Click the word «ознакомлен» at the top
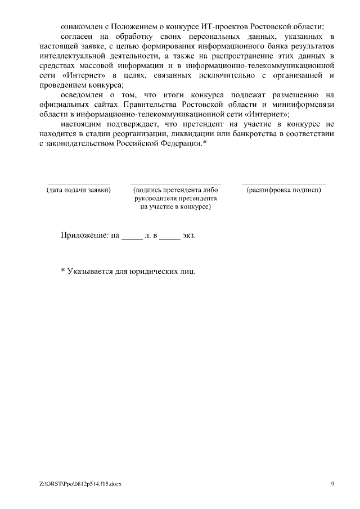point(81,26)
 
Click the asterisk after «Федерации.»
point(205,143)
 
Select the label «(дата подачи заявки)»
point(78,190)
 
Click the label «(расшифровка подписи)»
point(283,190)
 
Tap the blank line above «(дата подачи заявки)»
point(78,183)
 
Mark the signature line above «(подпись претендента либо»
point(175,183)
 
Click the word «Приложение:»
point(84,235)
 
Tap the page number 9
point(332,484)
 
